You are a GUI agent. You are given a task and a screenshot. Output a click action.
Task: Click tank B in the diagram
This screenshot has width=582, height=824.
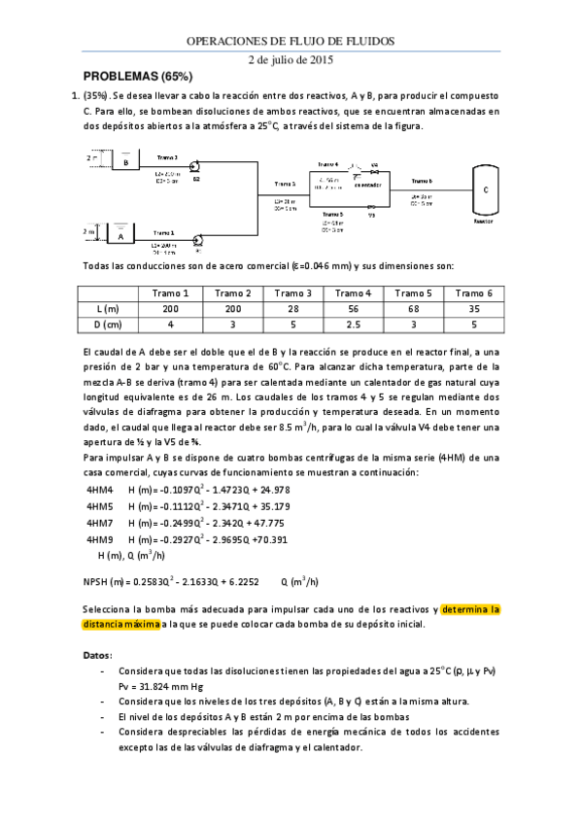[x=125, y=162]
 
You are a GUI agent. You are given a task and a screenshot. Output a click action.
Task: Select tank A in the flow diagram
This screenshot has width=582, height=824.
[x=120, y=235]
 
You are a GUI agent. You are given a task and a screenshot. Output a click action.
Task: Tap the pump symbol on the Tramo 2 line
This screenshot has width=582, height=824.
[x=194, y=166]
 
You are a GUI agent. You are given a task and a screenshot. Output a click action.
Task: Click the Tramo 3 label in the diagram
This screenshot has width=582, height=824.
[x=286, y=183]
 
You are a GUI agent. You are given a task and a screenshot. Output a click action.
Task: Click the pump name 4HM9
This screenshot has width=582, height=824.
[x=100, y=539]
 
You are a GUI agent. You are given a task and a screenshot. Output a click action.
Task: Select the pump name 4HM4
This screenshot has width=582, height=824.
[x=100, y=490]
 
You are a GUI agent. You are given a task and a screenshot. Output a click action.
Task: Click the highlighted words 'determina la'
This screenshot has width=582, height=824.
[x=470, y=609]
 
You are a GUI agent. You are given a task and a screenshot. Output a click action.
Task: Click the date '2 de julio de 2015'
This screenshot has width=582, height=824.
[x=291, y=59]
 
